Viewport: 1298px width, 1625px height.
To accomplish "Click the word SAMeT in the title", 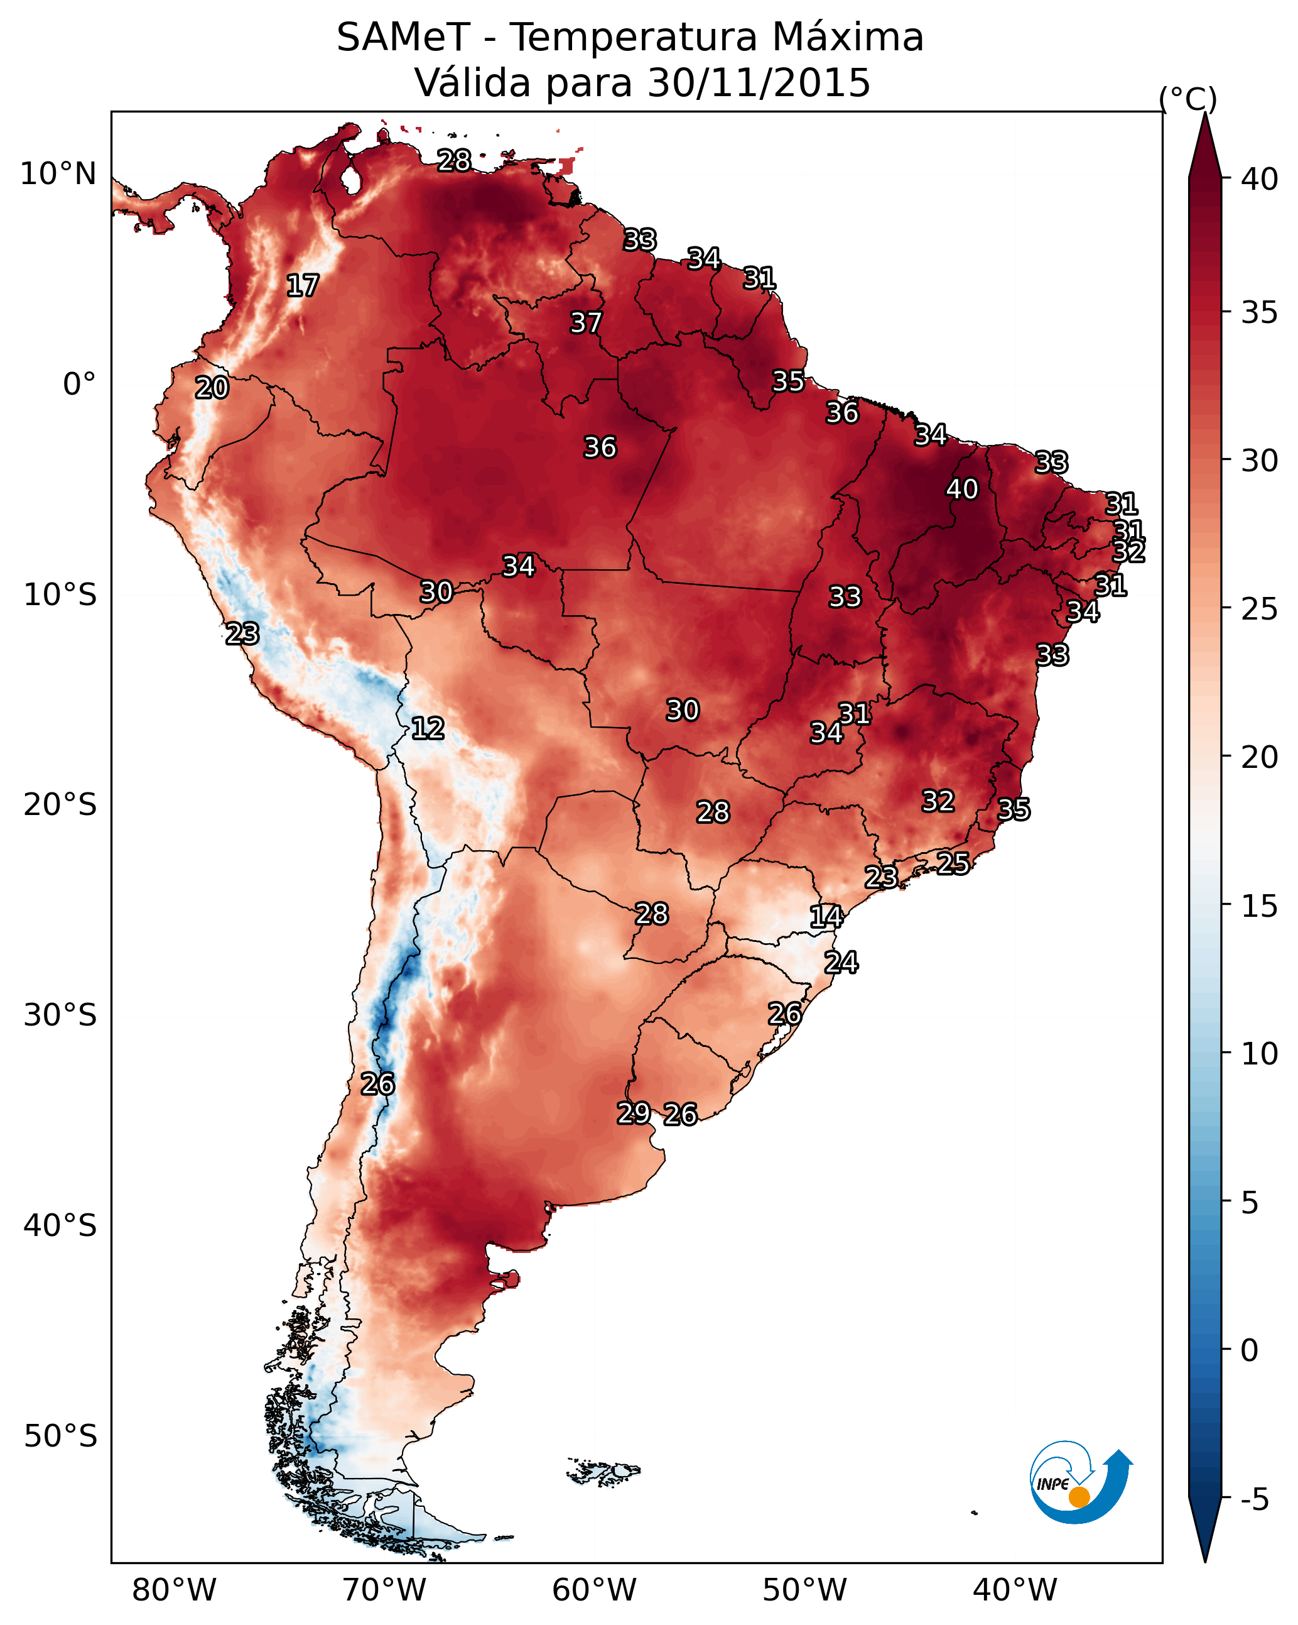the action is click(403, 38).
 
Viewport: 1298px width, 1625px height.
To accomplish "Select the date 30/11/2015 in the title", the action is click(759, 83).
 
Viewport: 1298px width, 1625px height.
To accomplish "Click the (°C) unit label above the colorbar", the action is click(1188, 99).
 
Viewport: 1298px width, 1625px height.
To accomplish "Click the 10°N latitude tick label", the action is click(58, 174).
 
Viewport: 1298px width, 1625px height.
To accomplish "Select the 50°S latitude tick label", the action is click(60, 1436).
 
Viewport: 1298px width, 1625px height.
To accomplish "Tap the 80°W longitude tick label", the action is click(174, 1590).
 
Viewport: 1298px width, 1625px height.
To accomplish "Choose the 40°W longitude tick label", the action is click(1015, 1590).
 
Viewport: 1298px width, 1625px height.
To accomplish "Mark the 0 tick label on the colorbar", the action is click(1250, 1352).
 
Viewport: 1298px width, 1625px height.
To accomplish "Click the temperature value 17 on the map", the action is click(303, 286).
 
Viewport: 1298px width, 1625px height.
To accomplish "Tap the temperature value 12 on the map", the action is click(428, 728).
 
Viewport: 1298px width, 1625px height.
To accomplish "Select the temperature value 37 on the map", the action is click(586, 322).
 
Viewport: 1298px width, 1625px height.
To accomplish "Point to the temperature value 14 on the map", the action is click(826, 917).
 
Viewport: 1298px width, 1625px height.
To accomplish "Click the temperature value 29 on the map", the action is click(634, 1112).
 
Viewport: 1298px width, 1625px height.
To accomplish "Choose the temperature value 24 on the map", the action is click(841, 963).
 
